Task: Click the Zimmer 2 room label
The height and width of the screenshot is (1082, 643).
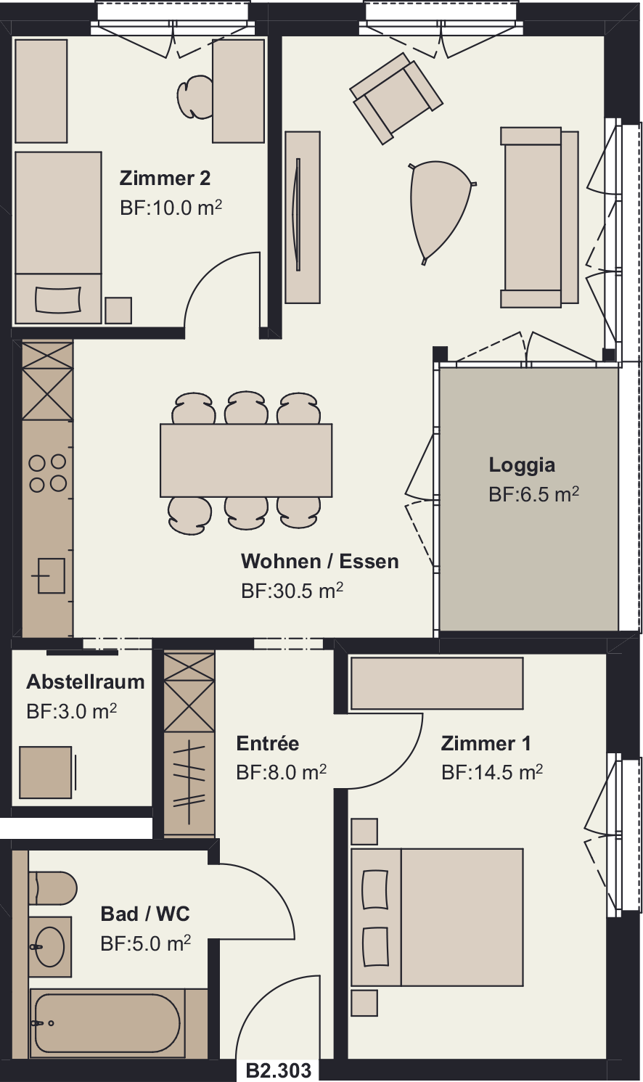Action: [x=165, y=179]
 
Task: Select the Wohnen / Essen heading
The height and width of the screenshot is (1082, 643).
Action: [x=320, y=561]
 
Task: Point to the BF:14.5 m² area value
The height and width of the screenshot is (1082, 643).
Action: [x=492, y=772]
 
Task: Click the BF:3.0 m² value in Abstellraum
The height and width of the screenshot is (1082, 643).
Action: [x=72, y=711]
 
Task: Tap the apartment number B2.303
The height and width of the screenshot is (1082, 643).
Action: [x=279, y=1070]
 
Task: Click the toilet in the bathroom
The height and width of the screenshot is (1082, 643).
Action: [x=52, y=889]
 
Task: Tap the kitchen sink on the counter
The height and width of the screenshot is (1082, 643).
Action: [x=51, y=575]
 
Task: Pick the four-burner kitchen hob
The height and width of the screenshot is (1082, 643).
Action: [x=47, y=473]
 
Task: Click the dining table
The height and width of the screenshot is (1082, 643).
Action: [x=246, y=460]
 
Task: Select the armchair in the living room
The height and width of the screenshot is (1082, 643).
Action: [x=396, y=98]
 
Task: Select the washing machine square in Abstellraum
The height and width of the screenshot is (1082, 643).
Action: [x=46, y=772]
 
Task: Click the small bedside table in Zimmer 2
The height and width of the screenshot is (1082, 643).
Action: [x=118, y=310]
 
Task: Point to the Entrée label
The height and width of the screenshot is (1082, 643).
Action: [x=268, y=743]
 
